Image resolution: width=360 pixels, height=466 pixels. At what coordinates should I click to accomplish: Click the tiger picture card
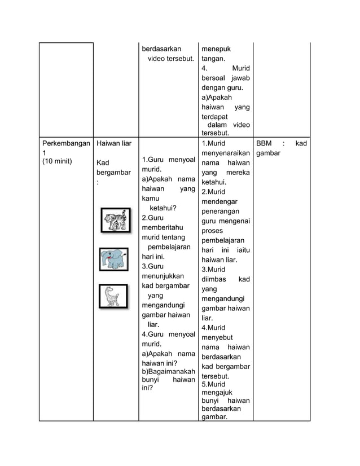tap(115, 220)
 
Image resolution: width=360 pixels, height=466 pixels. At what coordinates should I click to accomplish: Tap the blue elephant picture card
tap(113, 259)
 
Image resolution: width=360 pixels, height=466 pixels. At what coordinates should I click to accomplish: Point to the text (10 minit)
tap(57, 161)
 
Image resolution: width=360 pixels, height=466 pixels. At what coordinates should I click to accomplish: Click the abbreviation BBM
tap(264, 143)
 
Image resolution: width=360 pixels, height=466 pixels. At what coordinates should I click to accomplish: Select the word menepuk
tap(216, 49)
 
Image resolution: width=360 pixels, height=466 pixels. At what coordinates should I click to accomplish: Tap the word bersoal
tap(213, 78)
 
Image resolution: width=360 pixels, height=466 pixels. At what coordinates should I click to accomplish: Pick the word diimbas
tap(214, 279)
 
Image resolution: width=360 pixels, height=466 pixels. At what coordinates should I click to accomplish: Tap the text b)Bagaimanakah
tap(168, 372)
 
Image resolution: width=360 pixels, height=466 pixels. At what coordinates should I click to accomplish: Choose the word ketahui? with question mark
tap(163, 208)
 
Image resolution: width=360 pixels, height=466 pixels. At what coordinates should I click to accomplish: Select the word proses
tap(212, 231)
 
